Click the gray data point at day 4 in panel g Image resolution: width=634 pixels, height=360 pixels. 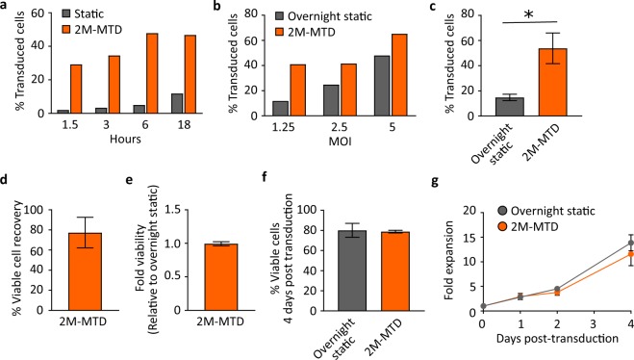point(603,243)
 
